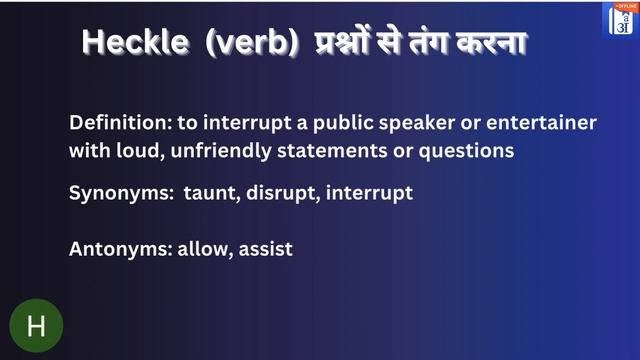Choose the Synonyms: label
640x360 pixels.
[120, 193]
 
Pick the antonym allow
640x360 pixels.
[203, 249]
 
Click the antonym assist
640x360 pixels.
[265, 249]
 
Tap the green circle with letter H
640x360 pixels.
[36, 325]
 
